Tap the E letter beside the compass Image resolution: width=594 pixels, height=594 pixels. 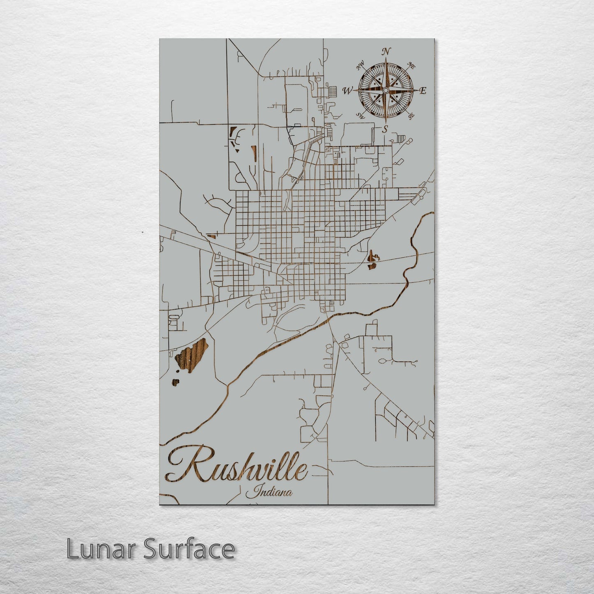click(423, 91)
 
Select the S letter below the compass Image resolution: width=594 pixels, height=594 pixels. click(385, 129)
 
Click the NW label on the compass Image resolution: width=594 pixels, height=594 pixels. click(361, 65)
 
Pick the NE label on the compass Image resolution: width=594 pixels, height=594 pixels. click(411, 65)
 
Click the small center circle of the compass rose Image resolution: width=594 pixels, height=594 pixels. click(386, 90)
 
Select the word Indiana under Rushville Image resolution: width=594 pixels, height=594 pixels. click(269, 491)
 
